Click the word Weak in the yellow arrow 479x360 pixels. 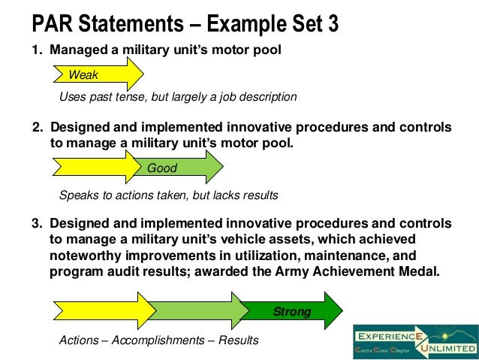[83, 74]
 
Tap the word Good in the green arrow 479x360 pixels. [161, 168]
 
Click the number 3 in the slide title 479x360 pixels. [332, 25]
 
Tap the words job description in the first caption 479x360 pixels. [260, 97]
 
